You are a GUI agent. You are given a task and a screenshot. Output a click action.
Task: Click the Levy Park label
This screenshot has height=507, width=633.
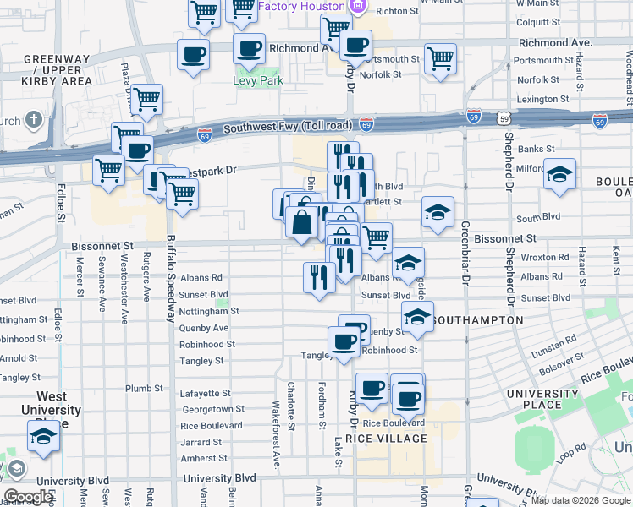257,81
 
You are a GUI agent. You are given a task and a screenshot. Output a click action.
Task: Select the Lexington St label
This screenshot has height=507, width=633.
542,99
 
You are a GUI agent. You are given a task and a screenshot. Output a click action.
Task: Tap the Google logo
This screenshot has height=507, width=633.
30,497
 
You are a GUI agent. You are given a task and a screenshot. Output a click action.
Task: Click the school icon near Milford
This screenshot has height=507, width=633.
559,174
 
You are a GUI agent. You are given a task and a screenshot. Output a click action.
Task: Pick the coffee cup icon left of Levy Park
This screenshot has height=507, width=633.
193,55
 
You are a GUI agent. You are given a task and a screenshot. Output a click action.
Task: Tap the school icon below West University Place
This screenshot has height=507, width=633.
43,436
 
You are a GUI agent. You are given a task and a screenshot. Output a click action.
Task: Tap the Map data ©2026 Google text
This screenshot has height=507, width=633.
581,500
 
